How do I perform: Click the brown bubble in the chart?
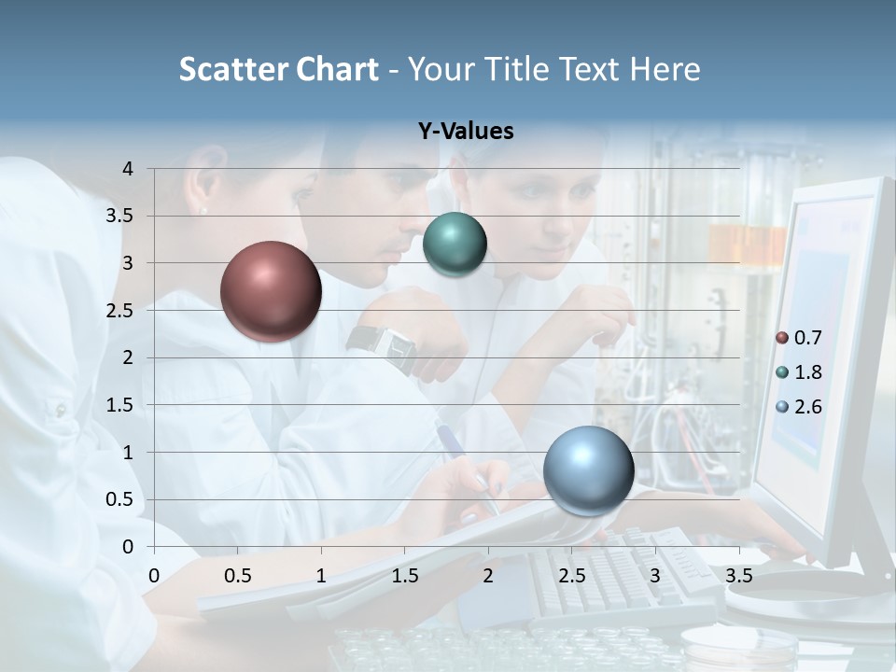pyautogui.click(x=271, y=291)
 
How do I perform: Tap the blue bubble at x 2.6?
pyautogui.click(x=588, y=470)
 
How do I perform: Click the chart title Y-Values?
pyautogui.click(x=466, y=132)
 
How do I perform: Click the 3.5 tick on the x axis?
pyautogui.click(x=739, y=576)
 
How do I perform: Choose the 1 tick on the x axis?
pyautogui.click(x=321, y=576)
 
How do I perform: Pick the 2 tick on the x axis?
pyautogui.click(x=488, y=576)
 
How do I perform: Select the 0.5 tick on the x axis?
pyautogui.click(x=238, y=576)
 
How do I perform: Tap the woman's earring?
pyautogui.click(x=204, y=211)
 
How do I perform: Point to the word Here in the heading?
pyautogui.click(x=665, y=69)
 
